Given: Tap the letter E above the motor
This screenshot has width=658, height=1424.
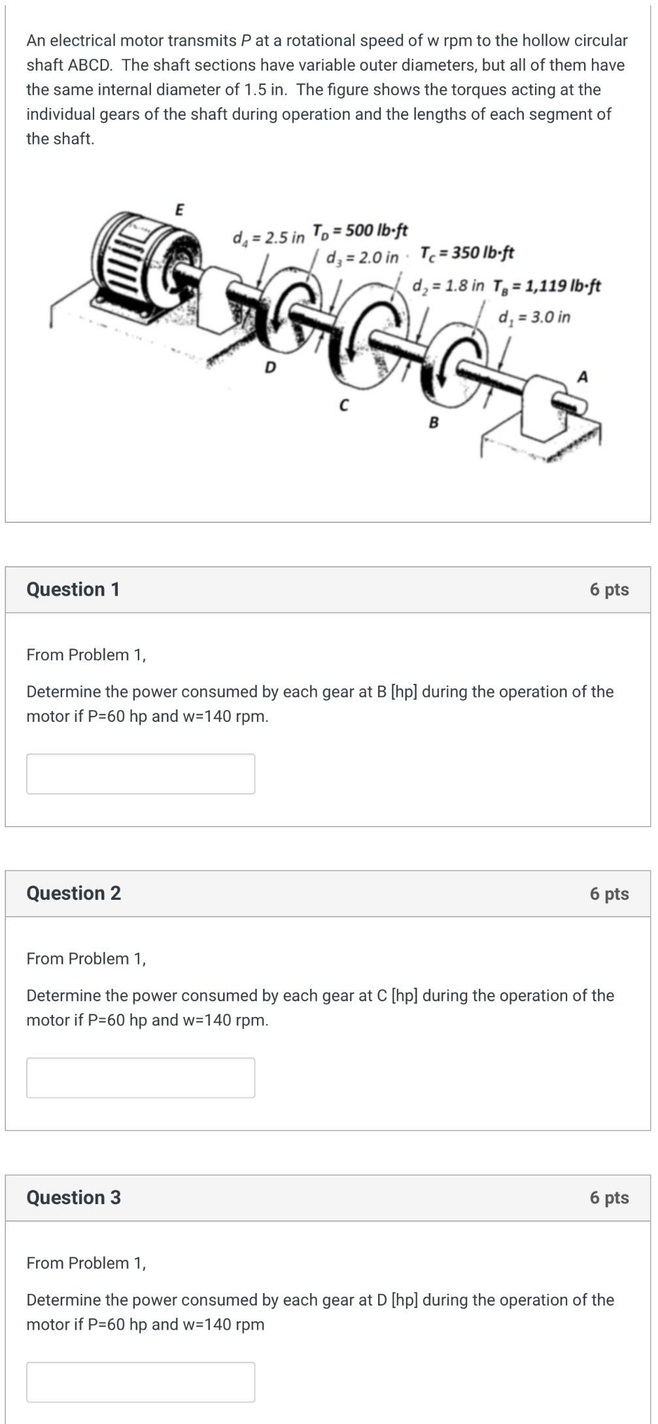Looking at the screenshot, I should point(180,210).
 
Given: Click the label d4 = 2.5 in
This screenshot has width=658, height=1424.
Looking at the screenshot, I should point(269,237).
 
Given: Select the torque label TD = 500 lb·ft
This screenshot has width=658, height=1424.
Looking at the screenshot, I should point(360,230).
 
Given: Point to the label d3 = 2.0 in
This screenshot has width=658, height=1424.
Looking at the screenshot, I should point(362,257).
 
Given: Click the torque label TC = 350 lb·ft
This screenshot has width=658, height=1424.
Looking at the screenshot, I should point(467,253).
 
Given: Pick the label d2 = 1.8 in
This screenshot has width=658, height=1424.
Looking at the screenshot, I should point(449,286).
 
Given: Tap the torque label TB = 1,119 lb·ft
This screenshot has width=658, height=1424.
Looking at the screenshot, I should point(547,286).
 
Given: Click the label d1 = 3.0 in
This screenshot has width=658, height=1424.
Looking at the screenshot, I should point(534,317).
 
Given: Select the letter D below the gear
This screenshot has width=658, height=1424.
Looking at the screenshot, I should point(269,368).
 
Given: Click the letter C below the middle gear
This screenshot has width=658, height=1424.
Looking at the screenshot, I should point(344,405).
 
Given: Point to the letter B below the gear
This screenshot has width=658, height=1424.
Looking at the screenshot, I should point(433,423).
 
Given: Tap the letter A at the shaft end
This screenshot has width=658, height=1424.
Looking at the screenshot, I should point(583,377).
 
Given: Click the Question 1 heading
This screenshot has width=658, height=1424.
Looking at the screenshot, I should point(73,590).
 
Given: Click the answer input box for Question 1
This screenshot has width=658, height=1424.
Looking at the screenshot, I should point(141,774).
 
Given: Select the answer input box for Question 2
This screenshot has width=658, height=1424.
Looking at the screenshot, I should point(141,1077).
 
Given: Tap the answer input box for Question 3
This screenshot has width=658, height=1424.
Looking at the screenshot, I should point(141,1381).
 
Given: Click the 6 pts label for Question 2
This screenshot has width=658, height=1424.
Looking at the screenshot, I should point(609,893).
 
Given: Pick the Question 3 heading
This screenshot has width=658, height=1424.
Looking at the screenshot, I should point(73,1198).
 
